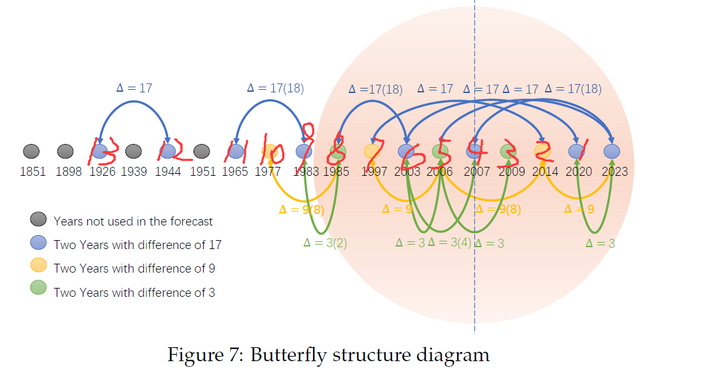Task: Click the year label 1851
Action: (32, 171)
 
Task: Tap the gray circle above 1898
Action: (66, 152)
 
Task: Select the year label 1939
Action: (134, 171)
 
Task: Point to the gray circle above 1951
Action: (202, 152)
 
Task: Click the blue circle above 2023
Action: (612, 152)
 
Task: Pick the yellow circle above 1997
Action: (372, 152)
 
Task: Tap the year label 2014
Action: (546, 171)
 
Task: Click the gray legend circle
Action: (39, 220)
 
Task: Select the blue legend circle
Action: (39, 244)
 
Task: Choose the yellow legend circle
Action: (39, 268)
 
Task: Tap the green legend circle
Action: (39, 291)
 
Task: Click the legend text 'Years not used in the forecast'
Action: (133, 222)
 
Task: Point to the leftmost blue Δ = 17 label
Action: (134, 88)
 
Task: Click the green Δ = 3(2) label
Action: (325, 242)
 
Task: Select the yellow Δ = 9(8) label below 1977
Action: (302, 209)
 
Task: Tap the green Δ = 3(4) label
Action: (449, 242)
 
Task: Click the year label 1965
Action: (235, 171)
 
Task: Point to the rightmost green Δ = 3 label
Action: (600, 243)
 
